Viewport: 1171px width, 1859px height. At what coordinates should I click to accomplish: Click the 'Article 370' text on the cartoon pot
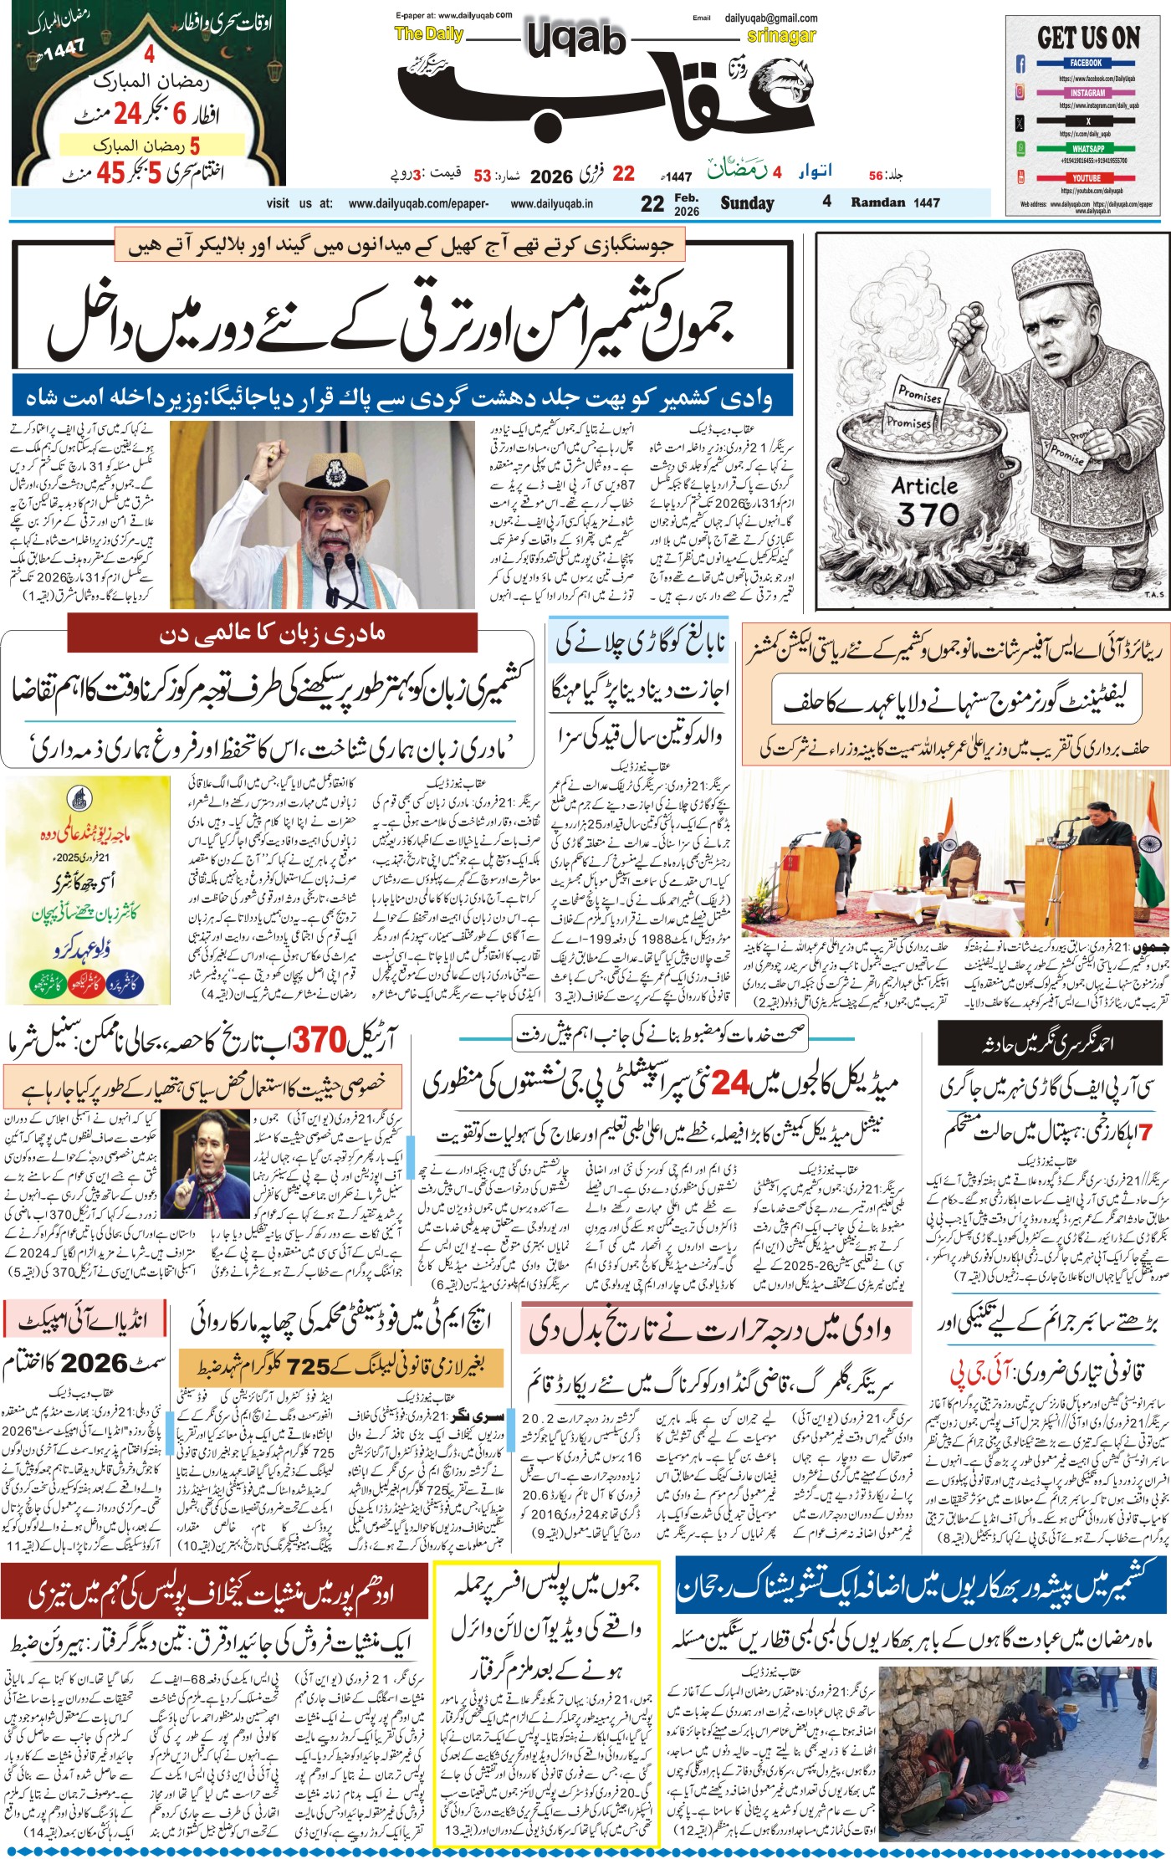924,499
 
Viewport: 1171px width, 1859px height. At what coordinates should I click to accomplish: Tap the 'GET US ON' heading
1088,38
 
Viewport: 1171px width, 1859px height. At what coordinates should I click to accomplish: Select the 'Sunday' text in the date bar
747,202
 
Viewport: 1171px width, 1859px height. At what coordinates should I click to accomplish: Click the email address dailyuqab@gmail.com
771,18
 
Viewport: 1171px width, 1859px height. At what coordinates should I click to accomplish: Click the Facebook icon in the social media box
1020,64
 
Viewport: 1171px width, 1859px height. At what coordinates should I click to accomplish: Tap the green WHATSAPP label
1087,148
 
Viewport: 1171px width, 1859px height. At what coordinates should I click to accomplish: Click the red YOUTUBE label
1087,178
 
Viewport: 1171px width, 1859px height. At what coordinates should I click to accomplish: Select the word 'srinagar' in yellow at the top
780,36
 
